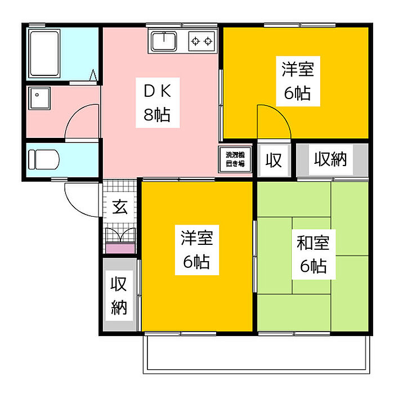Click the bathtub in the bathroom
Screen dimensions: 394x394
pyautogui.click(x=44, y=53)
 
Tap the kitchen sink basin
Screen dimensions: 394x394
pyautogui.click(x=164, y=42)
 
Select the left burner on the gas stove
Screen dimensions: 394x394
pyautogui.click(x=195, y=41)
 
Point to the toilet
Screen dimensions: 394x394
pyautogui.click(x=44, y=159)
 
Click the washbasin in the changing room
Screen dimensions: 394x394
pyautogui.click(x=39, y=98)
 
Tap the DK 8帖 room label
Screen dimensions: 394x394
pyautogui.click(x=158, y=103)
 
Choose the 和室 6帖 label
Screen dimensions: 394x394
pyautogui.click(x=314, y=254)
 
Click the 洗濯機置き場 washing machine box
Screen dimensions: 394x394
pyautogui.click(x=235, y=159)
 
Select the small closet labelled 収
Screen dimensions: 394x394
pyautogui.click(x=274, y=160)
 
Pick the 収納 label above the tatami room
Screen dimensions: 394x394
pyautogui.click(x=331, y=159)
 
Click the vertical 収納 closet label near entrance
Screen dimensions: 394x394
pyautogui.click(x=119, y=295)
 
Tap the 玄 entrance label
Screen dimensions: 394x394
pyautogui.click(x=120, y=207)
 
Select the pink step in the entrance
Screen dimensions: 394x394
pyautogui.click(x=120, y=249)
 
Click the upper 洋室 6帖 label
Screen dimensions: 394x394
pyautogui.click(x=298, y=81)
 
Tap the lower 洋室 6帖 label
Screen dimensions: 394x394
pyautogui.click(x=197, y=250)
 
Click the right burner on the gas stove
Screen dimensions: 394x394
pyautogui.click(x=208, y=41)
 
